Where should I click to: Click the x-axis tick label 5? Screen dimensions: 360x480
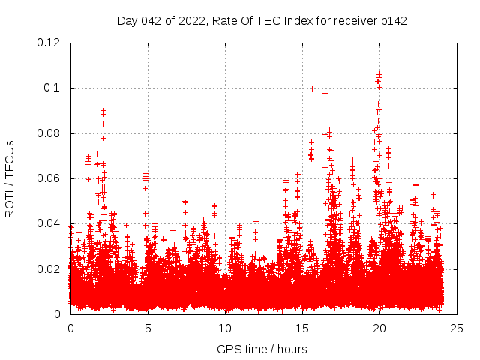(x=148, y=328)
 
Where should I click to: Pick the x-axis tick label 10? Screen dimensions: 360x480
(x=225, y=328)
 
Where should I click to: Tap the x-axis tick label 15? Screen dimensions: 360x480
(x=302, y=328)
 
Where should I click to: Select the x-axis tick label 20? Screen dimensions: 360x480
(x=379, y=328)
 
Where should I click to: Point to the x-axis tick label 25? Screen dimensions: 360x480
(x=457, y=328)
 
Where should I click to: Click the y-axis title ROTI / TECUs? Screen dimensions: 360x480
(x=10, y=178)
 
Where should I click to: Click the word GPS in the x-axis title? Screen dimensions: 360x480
(x=228, y=349)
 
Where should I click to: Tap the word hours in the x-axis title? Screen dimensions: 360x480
(x=291, y=349)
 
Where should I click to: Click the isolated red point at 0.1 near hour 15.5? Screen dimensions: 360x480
(x=312, y=88)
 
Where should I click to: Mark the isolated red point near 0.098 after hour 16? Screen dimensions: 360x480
(x=325, y=93)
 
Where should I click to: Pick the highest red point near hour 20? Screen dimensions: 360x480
(x=379, y=73)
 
